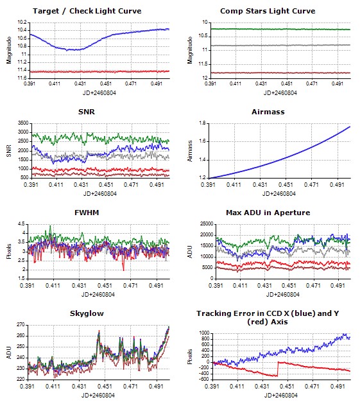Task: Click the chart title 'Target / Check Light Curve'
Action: point(87,11)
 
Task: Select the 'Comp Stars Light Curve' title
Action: point(268,11)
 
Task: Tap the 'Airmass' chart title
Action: point(268,112)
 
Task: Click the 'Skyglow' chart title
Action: point(87,313)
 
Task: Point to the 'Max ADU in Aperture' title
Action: point(268,213)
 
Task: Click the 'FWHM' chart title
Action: point(87,213)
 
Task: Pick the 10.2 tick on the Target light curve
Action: point(22,22)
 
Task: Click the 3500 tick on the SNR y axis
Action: point(23,123)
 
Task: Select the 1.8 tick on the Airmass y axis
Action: point(202,123)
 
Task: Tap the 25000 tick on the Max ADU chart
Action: point(207,224)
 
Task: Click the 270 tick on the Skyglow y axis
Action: point(21,325)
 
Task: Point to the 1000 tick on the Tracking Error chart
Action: point(205,333)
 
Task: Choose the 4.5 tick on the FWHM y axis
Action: point(21,224)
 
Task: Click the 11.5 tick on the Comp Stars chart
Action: point(203,64)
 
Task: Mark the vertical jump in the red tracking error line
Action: point(278,369)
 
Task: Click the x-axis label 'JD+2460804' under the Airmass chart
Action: point(279,193)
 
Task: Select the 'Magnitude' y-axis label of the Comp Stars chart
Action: point(190,50)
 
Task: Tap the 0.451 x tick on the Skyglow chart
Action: point(105,387)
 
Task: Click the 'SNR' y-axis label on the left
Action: point(9,151)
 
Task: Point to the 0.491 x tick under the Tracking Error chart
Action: point(338,387)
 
